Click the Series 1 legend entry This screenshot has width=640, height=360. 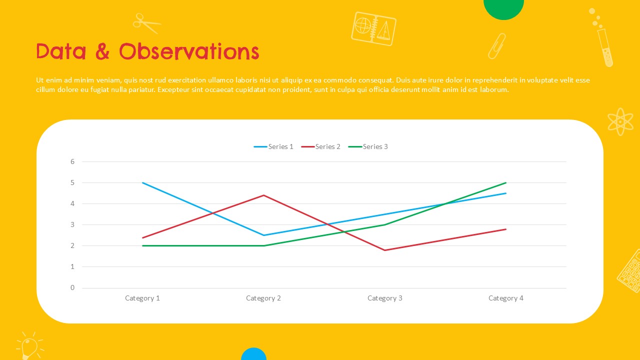(273, 146)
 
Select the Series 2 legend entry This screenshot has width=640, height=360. (320, 146)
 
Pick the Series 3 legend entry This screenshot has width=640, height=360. (368, 146)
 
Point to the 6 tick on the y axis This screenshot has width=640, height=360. (72, 161)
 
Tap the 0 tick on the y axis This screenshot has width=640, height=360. (72, 287)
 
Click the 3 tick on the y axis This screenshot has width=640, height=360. (72, 224)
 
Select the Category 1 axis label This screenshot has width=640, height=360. (142, 298)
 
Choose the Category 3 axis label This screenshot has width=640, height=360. (385, 298)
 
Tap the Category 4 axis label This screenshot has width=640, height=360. (506, 298)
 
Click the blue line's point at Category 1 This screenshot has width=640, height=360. (142, 182)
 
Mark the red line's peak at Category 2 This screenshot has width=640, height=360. (263, 195)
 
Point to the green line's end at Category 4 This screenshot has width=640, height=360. (505, 182)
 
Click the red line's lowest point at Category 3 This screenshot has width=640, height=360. (385, 250)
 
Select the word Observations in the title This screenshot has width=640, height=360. (189, 51)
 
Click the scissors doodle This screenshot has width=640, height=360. (146, 23)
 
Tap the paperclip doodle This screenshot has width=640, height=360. (497, 46)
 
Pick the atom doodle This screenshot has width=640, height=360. (620, 121)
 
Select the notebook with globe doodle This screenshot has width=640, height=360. (373, 29)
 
